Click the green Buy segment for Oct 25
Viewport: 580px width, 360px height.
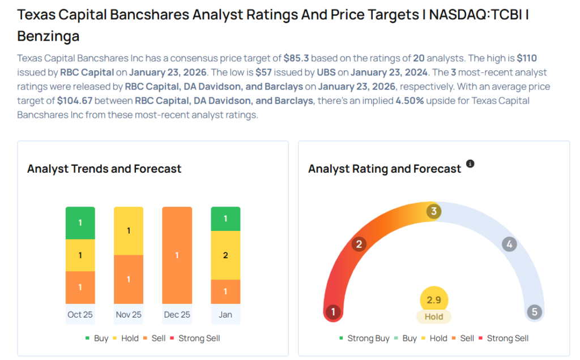coord(80,222)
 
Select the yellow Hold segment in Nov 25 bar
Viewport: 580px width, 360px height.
coord(129,230)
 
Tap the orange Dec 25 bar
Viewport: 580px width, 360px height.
coord(177,255)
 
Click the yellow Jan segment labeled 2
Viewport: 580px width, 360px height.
coord(225,255)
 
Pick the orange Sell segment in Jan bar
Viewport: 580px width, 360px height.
coord(225,292)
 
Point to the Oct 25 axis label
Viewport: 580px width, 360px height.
coord(80,315)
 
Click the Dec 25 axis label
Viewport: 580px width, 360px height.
coord(177,315)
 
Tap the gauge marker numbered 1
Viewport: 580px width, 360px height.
coord(334,312)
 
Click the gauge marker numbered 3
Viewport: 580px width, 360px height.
coord(434,212)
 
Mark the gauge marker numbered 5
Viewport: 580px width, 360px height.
coord(534,312)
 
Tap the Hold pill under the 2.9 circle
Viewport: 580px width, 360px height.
coord(434,317)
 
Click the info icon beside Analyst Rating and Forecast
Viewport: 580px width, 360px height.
coord(470,164)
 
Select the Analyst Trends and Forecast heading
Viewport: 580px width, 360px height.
coord(104,169)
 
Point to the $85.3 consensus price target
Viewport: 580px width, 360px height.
coord(296,58)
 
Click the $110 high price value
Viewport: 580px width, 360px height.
coord(527,58)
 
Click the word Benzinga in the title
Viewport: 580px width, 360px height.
coord(48,37)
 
